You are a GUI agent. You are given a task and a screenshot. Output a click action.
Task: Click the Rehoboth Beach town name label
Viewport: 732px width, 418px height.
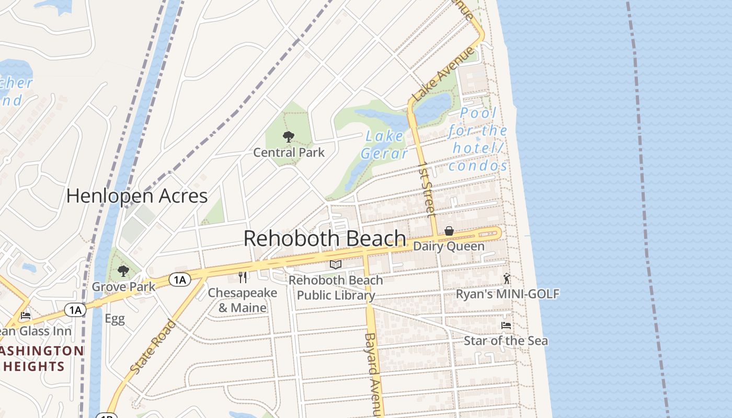(x=325, y=239)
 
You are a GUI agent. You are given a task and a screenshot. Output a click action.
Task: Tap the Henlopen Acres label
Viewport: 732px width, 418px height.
(x=137, y=196)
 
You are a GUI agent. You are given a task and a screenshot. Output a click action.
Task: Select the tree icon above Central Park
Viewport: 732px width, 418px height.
(x=288, y=137)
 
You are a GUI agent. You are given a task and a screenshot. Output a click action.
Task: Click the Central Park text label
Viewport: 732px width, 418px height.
(x=289, y=153)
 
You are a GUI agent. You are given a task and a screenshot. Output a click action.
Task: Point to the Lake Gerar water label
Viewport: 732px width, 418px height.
(x=384, y=145)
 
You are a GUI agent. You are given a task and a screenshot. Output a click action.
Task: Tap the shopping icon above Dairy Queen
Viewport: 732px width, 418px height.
(x=449, y=231)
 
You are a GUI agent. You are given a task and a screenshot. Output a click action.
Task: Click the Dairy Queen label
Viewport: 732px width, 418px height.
(x=449, y=246)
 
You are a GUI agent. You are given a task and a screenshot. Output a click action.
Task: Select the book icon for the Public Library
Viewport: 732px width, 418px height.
(x=335, y=265)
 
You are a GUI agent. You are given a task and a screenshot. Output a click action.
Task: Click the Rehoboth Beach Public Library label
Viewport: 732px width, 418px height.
(x=336, y=288)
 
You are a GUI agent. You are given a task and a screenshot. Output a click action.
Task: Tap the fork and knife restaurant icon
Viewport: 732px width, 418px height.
(x=242, y=277)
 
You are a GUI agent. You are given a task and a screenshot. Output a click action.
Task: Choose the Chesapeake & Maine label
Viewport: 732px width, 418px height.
(x=242, y=300)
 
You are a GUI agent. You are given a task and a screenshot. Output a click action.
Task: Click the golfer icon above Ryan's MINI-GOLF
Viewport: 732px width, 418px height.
(x=506, y=278)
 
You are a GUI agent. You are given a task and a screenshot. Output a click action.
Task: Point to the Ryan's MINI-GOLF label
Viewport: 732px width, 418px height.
(x=508, y=294)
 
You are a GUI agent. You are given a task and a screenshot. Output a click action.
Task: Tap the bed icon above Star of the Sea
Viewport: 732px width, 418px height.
(x=506, y=325)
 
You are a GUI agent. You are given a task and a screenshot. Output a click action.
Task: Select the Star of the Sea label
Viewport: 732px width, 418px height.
(x=506, y=341)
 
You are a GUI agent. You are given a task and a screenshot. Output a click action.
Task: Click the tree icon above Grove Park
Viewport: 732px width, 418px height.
(x=123, y=271)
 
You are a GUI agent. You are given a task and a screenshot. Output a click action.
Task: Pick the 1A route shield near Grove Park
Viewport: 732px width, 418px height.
(x=179, y=280)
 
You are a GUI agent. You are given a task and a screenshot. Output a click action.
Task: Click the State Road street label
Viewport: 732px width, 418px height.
(x=153, y=347)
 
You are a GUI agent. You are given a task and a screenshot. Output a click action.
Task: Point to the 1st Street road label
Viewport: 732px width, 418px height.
(x=427, y=189)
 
